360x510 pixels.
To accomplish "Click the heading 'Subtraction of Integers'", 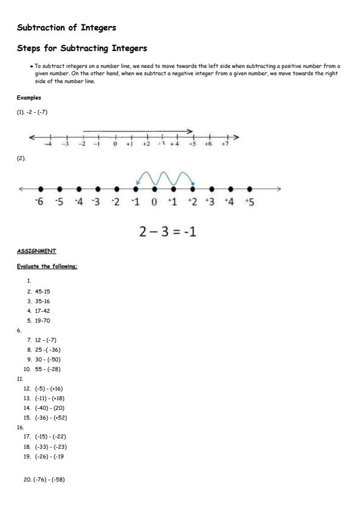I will pos(67,27).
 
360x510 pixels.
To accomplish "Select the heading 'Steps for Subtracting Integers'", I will pos(82,48).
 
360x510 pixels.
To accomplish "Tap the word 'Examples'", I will pos(28,98).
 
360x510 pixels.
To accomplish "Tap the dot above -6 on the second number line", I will pos(41,189).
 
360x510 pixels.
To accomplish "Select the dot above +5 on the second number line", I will pos(249,189).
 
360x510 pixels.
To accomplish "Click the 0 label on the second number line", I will pos(155,202).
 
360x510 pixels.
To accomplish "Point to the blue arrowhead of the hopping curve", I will pos(138,183).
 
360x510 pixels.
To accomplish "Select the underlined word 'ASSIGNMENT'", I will pos(36,250).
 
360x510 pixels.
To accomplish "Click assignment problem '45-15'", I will pos(42,291).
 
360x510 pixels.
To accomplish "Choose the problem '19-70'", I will pos(42,320).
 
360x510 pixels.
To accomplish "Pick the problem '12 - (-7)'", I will pos(45,340).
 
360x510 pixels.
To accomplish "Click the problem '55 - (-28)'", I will pos(48,369).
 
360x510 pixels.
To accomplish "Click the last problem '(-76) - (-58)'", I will pos(48,480).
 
